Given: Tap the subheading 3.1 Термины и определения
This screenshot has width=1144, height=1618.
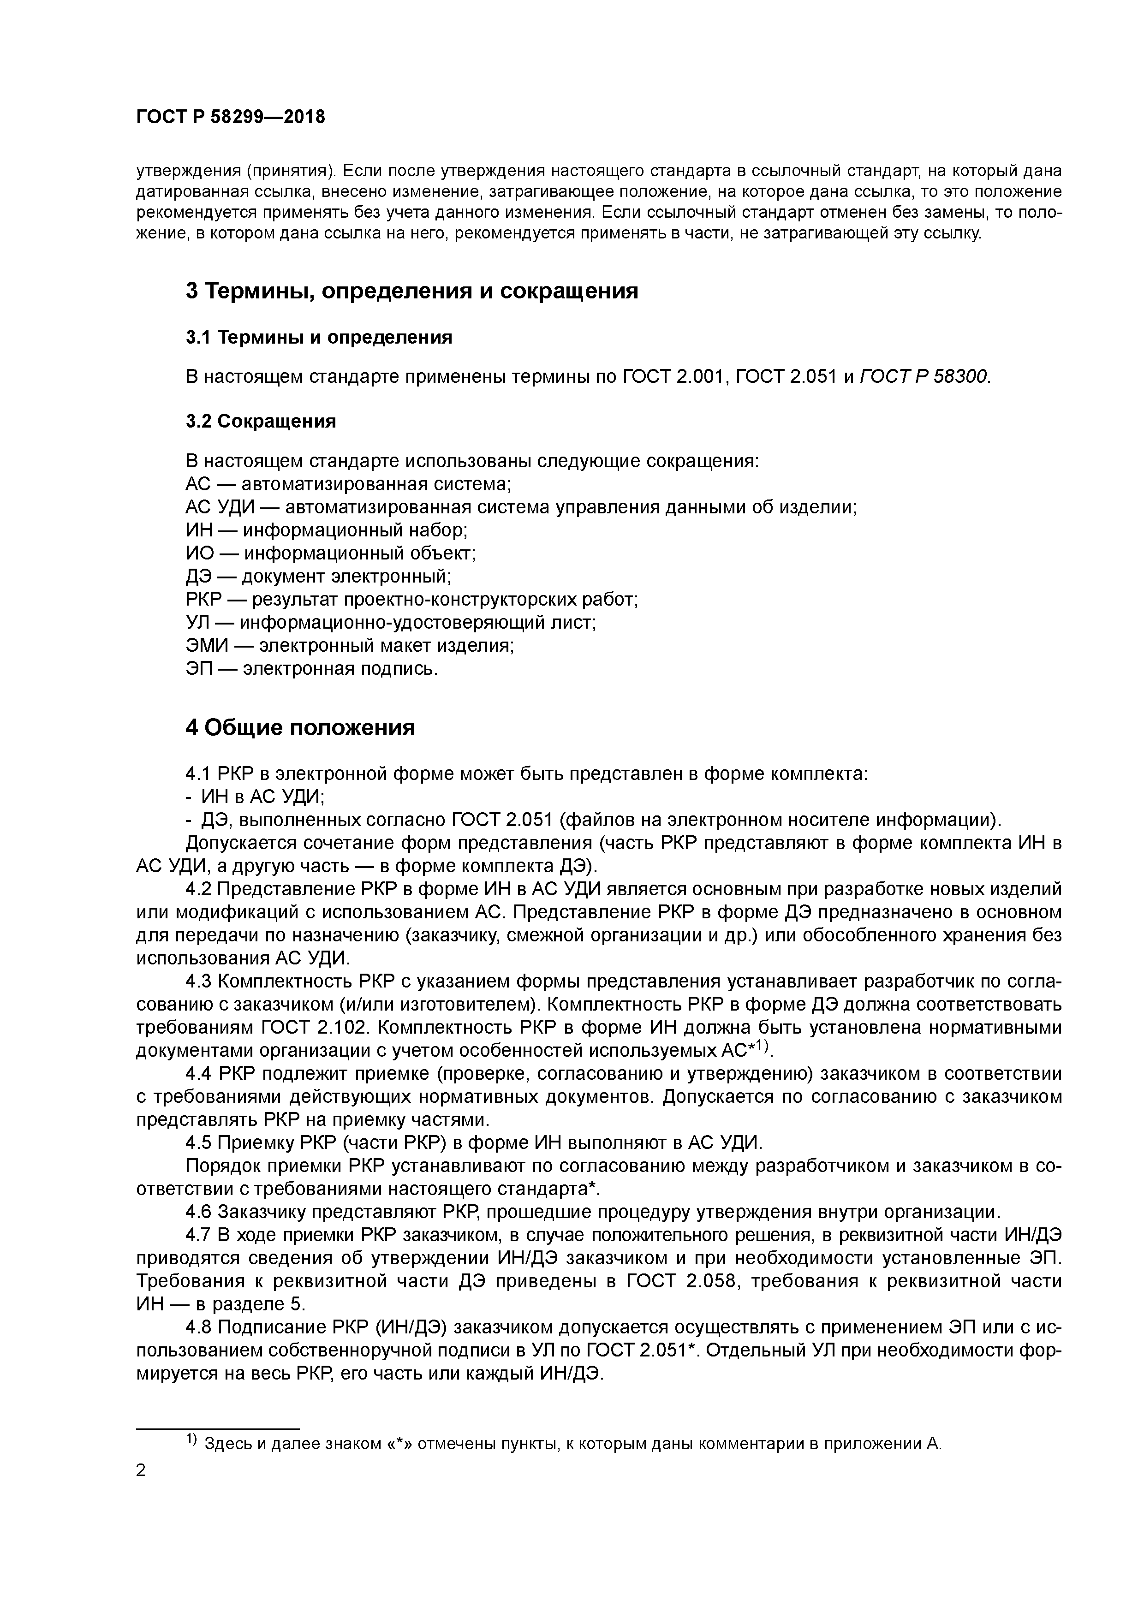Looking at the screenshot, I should point(319,338).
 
